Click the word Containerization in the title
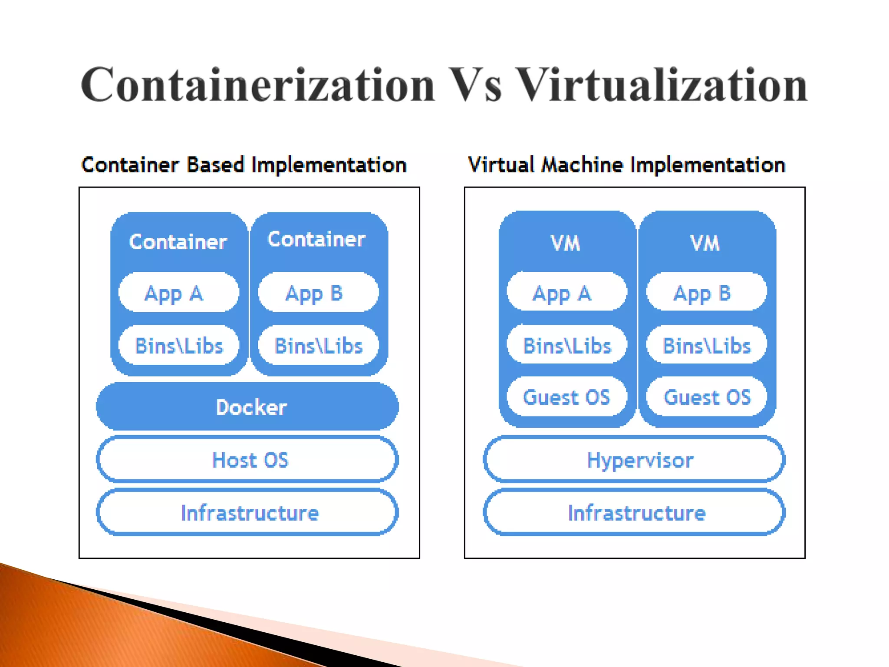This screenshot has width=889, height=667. [257, 85]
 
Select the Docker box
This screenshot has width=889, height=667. [247, 407]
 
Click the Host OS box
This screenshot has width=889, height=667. [247, 460]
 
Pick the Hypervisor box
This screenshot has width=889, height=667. [634, 460]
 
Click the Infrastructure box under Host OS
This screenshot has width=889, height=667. [247, 513]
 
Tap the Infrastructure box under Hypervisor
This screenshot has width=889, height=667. [634, 513]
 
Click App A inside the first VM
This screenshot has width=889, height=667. [566, 292]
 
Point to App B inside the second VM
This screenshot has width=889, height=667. [706, 292]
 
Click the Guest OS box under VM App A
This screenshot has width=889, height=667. [566, 397]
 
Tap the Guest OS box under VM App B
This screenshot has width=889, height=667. [706, 397]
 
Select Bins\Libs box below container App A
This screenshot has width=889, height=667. [178, 346]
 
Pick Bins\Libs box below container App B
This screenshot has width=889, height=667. [318, 346]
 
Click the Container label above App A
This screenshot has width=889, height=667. [178, 242]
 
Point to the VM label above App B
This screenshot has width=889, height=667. [705, 243]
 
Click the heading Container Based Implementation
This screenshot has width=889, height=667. [244, 165]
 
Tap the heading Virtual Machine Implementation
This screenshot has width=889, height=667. [626, 165]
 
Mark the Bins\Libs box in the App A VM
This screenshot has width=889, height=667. [566, 345]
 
